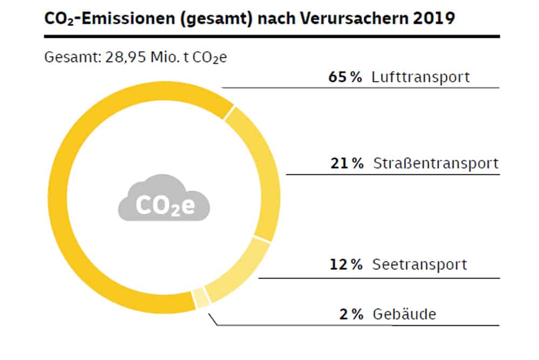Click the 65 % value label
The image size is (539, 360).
(345, 77)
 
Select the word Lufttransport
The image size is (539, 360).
(421, 77)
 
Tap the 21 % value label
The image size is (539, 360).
(347, 164)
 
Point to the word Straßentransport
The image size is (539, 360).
(436, 164)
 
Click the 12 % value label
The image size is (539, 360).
(346, 265)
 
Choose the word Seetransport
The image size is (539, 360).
(420, 265)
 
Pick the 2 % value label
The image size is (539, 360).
(351, 314)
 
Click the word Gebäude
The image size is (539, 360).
(404, 314)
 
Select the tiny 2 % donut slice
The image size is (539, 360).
(201, 298)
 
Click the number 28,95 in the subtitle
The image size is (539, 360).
(121, 57)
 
